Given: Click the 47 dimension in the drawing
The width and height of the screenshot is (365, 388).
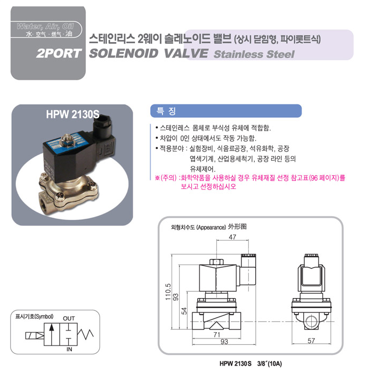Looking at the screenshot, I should [x=232, y=237].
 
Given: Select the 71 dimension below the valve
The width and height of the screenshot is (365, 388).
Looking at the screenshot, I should [x=217, y=334].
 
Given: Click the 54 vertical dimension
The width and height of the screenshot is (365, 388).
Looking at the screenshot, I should [x=184, y=311].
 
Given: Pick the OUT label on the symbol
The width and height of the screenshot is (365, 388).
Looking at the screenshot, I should [x=69, y=318].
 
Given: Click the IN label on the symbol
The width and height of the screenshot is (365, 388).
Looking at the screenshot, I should [x=69, y=350].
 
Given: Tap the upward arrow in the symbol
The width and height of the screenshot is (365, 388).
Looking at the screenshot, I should [x=52, y=334].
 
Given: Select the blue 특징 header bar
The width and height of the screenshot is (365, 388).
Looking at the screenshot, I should [x=226, y=111].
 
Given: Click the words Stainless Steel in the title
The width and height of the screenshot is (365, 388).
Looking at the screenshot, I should [x=254, y=54].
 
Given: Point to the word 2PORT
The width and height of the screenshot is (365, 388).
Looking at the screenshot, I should [x=59, y=54].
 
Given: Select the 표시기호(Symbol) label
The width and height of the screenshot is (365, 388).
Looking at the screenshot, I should [x=35, y=316].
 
